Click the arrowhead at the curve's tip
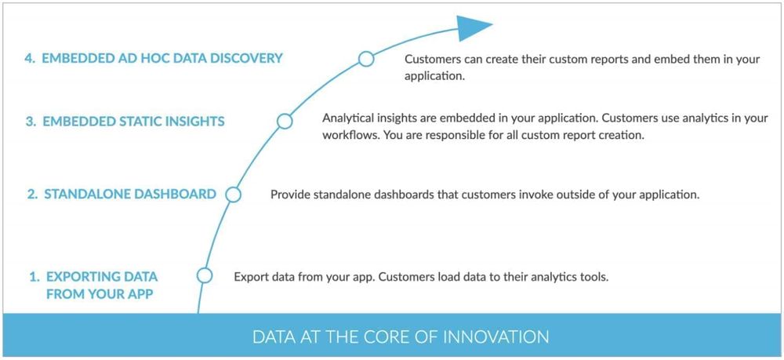[x=473, y=27]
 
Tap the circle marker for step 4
[x=366, y=59]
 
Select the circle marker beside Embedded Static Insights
[x=285, y=121]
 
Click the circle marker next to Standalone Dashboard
[x=233, y=195]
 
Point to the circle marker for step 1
[x=205, y=275]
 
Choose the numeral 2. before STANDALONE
[x=32, y=194]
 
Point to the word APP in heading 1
[x=140, y=294]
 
